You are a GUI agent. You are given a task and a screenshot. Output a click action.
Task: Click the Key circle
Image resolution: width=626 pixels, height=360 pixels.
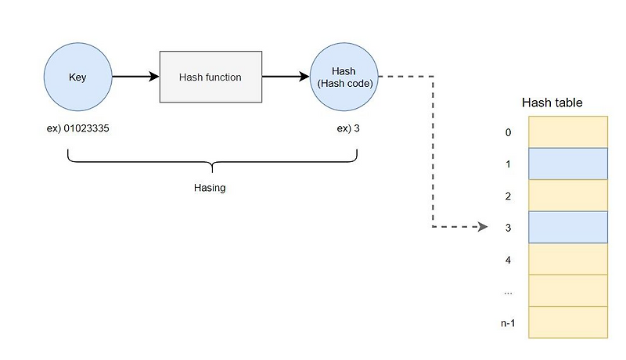(78, 77)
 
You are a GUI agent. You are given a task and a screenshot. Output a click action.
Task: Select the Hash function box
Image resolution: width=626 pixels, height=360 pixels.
(210, 77)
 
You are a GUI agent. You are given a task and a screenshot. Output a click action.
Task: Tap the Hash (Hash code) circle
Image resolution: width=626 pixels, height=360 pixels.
(344, 77)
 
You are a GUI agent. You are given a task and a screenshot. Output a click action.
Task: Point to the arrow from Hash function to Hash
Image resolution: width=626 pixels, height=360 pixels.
(286, 77)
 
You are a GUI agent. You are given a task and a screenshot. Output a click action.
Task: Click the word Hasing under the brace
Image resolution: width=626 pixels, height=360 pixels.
(210, 188)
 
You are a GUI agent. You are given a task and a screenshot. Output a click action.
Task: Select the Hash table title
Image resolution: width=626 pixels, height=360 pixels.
(552, 103)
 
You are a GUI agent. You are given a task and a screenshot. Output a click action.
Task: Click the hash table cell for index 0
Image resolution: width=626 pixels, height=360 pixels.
(568, 132)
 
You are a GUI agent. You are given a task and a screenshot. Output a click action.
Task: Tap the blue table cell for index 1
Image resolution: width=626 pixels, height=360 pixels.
(568, 164)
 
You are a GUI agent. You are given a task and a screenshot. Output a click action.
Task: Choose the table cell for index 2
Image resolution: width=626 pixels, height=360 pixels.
(568, 196)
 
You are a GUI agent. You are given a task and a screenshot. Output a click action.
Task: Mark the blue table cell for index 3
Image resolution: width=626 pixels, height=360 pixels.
(568, 227)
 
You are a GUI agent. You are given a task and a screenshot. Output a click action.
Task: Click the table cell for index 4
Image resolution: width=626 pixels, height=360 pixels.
(568, 259)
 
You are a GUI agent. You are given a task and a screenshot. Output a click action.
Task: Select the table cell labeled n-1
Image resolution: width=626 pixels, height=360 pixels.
(568, 322)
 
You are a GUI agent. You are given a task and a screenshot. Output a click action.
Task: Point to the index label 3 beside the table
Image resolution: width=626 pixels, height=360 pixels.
(508, 228)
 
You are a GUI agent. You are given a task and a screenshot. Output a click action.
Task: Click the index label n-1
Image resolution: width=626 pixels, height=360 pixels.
(507, 322)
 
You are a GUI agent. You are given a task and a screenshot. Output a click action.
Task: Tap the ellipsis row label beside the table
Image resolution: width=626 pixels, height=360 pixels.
(508, 291)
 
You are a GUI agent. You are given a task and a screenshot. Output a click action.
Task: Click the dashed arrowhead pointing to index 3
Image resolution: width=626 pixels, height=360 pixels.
(484, 228)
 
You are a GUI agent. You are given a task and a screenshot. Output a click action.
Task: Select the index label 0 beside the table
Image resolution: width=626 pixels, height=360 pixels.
(508, 133)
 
